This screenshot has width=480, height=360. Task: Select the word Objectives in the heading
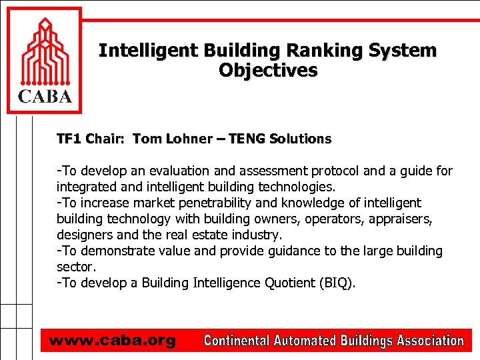pos(268,70)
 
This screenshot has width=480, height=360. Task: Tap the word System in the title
pos(404,51)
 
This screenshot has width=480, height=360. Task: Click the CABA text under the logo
pos(44,97)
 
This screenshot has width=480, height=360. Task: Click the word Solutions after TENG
pos(301,139)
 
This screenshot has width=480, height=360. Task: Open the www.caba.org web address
pos(112,341)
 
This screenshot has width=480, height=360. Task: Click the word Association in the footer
pos(430,341)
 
